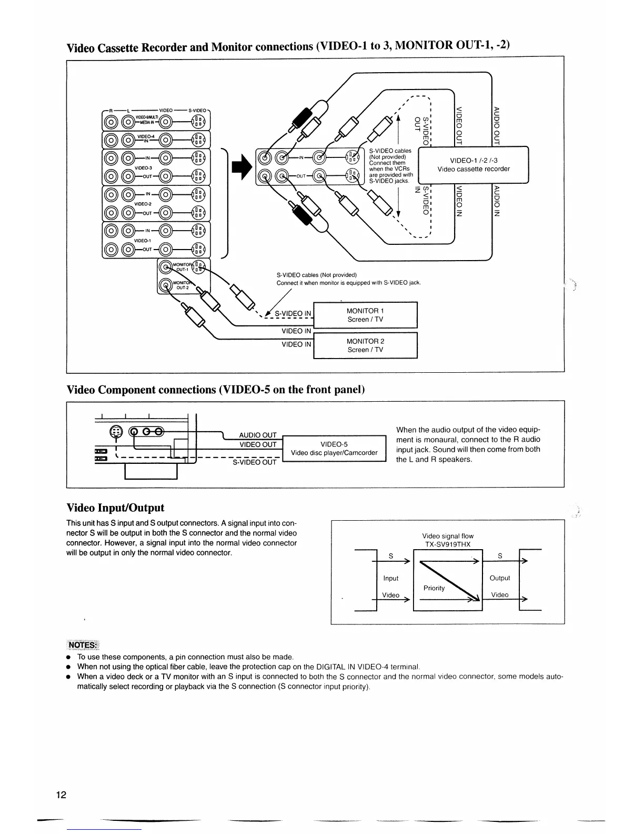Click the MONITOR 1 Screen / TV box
(365, 315)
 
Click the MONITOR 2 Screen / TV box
(365, 345)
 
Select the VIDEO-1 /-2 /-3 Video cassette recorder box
(473, 165)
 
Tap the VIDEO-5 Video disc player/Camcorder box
(334, 449)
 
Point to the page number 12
(61, 795)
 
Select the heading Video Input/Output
(115, 508)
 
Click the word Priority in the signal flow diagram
(434, 588)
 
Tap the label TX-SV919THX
(448, 544)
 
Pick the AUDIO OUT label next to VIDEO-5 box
(258, 435)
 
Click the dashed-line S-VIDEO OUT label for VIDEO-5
(255, 462)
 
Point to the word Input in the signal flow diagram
(391, 578)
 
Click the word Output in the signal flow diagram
(500, 578)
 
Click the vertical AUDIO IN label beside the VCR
(496, 201)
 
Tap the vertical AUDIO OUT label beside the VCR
(496, 125)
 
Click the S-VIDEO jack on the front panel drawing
(115, 431)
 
